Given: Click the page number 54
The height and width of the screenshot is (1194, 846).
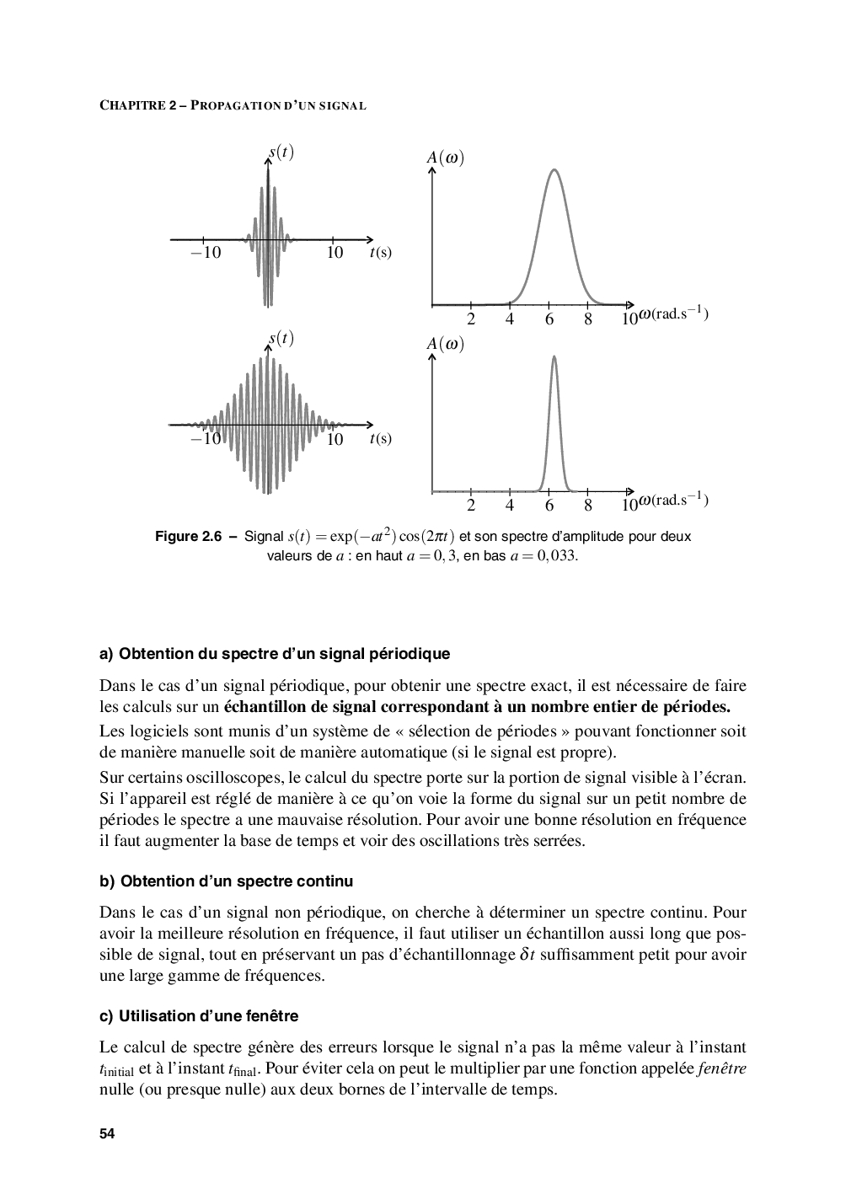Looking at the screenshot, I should tap(107, 1133).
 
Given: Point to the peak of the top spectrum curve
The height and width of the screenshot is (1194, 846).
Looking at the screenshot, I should tap(554, 170).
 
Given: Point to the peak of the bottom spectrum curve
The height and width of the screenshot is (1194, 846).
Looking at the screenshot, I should tap(554, 356).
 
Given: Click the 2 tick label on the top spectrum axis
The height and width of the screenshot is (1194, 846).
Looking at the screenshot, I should tap(471, 319).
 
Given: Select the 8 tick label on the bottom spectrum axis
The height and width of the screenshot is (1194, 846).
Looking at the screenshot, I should tap(588, 506).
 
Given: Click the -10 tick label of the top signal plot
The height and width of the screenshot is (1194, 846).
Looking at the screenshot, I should tap(205, 252).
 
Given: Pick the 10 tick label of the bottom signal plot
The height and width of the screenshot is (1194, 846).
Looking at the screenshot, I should tap(335, 439).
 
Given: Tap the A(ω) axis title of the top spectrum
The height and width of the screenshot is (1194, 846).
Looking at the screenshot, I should tap(446, 158).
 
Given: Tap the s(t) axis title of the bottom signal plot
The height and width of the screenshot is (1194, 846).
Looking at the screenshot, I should tap(281, 339).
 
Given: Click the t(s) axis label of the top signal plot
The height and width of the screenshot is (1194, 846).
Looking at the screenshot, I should tap(381, 252).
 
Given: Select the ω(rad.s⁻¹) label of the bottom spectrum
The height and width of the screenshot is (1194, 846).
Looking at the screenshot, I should tap(673, 501).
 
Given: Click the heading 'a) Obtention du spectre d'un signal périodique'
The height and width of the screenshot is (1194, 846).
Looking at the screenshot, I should tap(275, 654).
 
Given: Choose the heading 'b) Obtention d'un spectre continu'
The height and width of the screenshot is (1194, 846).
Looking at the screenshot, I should tap(226, 881).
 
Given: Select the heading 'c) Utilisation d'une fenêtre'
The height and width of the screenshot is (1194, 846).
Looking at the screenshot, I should tap(199, 1016).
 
